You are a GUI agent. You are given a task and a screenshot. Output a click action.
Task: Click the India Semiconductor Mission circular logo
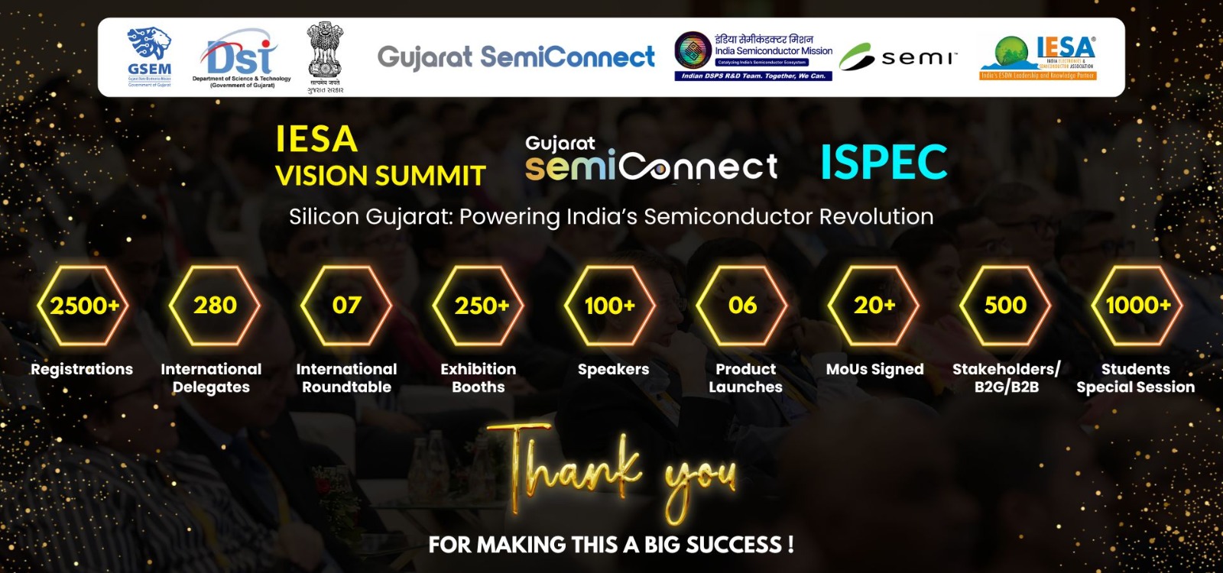693,51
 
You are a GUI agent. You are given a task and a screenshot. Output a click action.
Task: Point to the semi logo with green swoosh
897,57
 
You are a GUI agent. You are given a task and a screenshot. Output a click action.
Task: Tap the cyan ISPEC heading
884,162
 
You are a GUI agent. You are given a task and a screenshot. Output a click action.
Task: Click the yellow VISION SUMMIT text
380,176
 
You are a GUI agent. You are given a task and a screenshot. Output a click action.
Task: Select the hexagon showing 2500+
83,306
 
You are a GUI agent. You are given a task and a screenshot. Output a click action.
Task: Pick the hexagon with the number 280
215,306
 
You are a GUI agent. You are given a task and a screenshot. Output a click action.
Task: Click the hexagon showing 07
346,306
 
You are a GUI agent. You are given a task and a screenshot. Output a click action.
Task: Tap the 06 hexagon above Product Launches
742,306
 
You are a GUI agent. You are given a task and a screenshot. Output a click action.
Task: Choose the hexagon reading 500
1005,306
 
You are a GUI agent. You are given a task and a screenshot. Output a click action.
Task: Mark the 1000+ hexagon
1137,306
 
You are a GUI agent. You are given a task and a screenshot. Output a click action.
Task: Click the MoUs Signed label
874,370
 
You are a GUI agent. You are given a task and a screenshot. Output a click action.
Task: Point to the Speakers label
613,370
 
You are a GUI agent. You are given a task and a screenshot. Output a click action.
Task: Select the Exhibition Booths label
478,378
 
